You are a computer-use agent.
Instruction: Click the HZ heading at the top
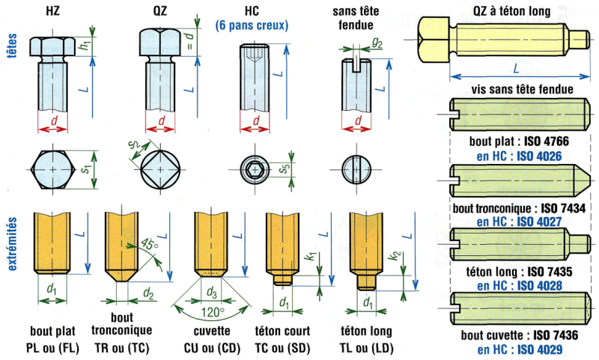coord(54,10)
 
